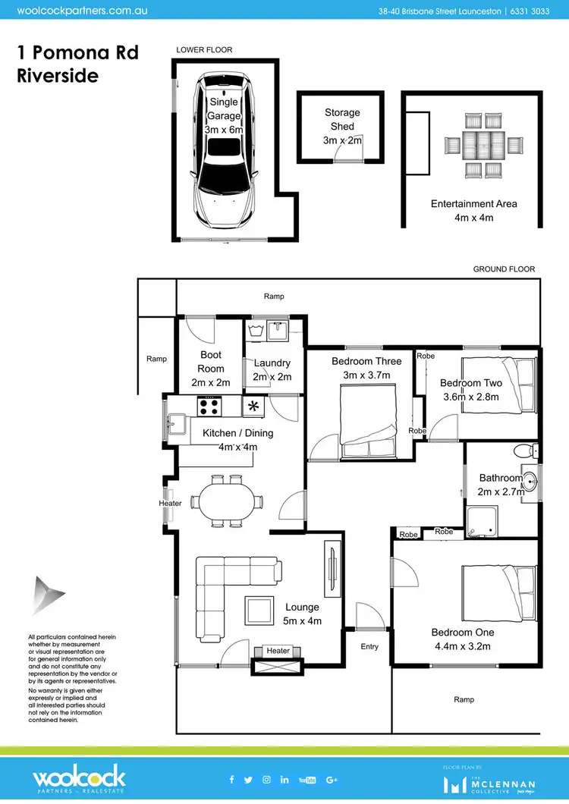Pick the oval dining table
click(x=225, y=501)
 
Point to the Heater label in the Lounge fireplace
click(x=278, y=651)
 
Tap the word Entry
click(x=369, y=646)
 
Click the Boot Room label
click(x=211, y=369)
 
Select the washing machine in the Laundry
click(x=255, y=330)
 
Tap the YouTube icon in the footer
click(x=307, y=780)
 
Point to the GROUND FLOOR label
click(x=504, y=269)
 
